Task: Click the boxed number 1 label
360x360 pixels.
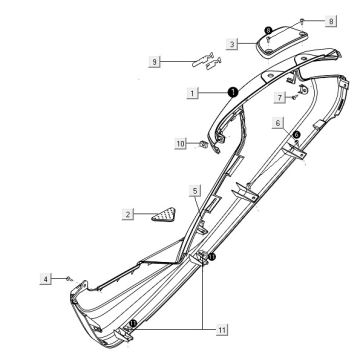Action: [192, 93]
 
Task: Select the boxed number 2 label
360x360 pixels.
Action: [128, 214]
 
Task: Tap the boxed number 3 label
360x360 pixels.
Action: [232, 44]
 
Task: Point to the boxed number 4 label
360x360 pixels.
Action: [46, 278]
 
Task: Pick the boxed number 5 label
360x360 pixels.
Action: [195, 190]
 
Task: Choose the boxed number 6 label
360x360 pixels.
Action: [278, 123]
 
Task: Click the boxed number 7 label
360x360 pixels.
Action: [280, 97]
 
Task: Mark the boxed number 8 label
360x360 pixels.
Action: [331, 21]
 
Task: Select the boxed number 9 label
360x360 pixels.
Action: [154, 62]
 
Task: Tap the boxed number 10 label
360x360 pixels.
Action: [180, 144]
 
